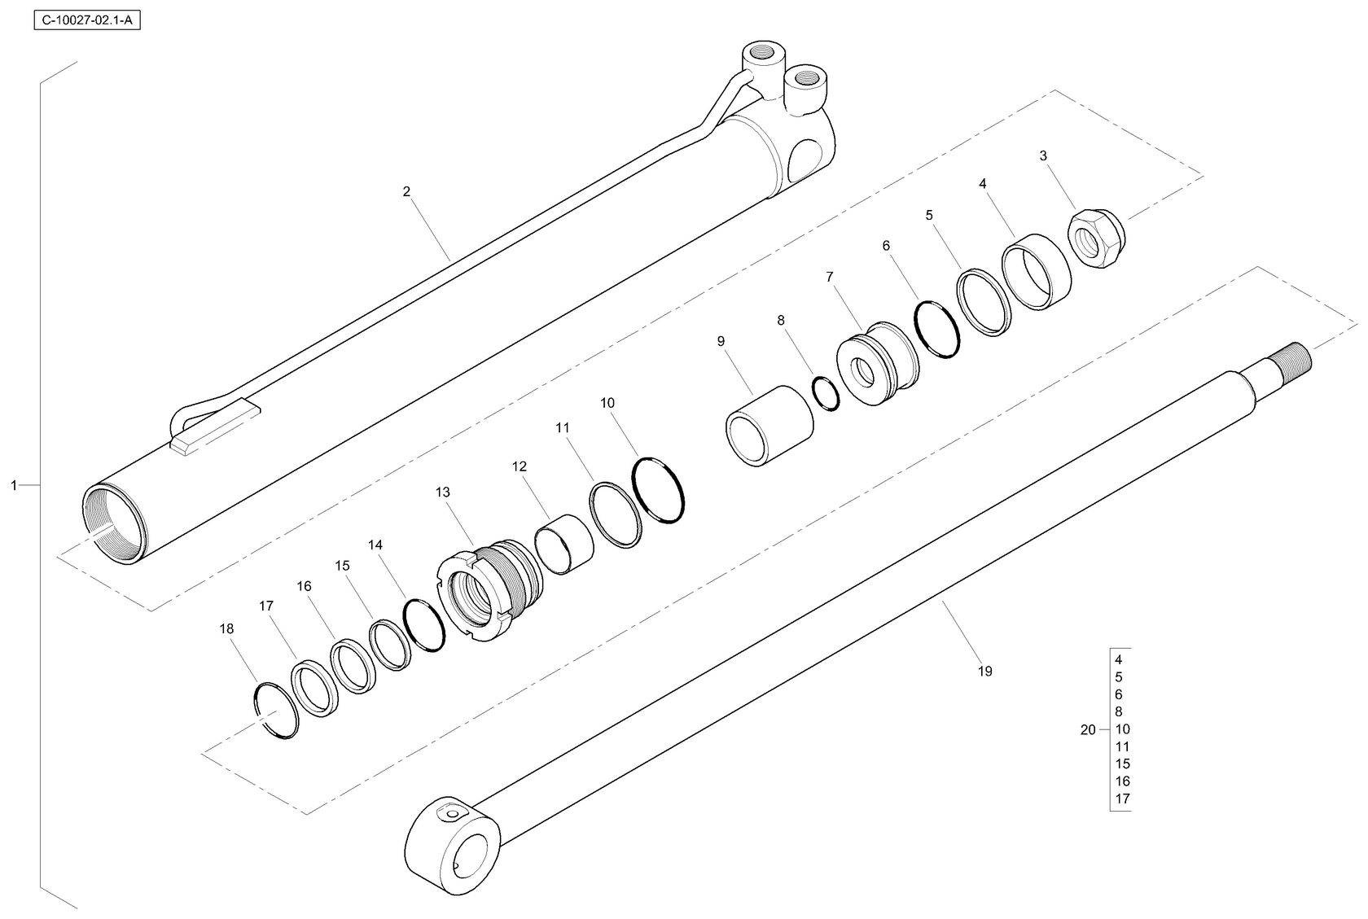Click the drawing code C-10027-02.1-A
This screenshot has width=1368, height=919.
point(86,20)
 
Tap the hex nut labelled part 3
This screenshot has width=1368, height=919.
point(1096,239)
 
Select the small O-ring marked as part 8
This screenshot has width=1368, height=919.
point(826,394)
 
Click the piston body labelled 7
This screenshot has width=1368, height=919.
point(877,363)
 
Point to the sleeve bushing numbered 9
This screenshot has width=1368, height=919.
point(769,425)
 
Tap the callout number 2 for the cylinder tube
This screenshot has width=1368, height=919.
point(406,192)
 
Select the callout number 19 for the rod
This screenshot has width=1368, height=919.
point(984,671)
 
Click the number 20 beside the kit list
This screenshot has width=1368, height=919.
point(1088,729)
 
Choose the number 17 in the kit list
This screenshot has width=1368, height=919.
point(1122,798)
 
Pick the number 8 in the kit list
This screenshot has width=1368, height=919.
point(1118,711)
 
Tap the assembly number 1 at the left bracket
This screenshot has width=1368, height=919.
point(13,485)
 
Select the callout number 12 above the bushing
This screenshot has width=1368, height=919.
point(520,466)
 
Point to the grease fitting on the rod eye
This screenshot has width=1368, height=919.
point(452,813)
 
